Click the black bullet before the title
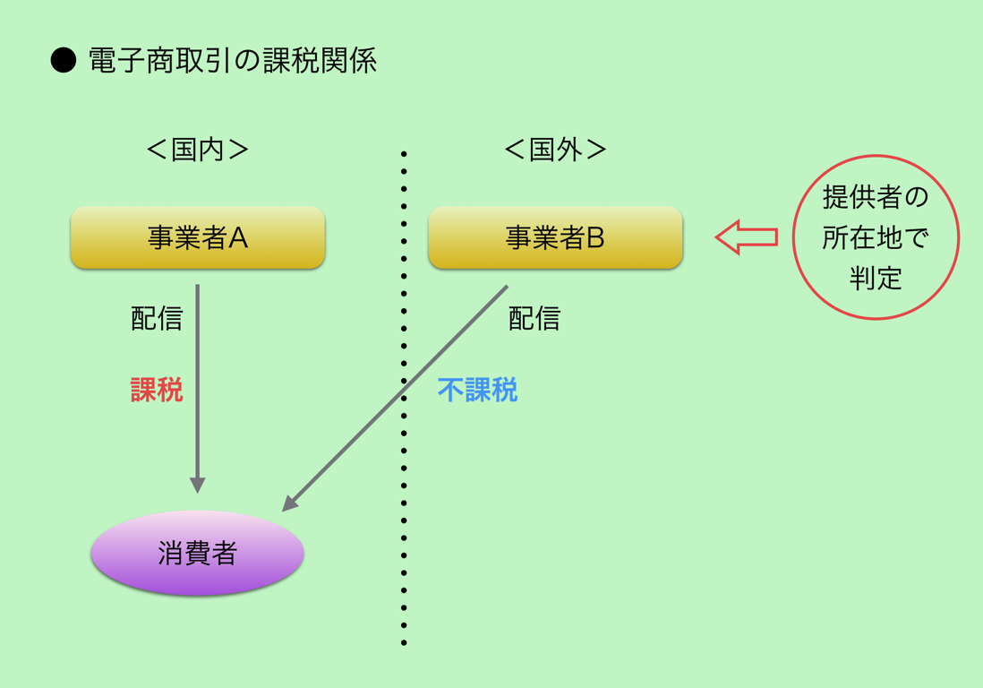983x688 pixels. coord(64,61)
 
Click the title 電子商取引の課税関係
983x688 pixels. coord(232,61)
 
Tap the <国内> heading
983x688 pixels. coord(198,150)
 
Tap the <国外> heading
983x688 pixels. coord(555,150)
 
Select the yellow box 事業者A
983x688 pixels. coord(198,237)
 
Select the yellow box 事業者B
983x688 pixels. coord(555,237)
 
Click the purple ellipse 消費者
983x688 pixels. coord(198,553)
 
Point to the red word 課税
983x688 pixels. coord(157,390)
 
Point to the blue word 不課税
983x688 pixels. coord(478,390)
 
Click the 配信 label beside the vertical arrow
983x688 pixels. coord(157,319)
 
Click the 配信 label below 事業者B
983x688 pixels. coord(534,319)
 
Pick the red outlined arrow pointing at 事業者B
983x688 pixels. coord(747,237)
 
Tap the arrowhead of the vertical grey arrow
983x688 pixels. coord(198,486)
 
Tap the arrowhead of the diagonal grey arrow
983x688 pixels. coord(289,503)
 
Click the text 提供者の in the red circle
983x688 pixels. coord(876,198)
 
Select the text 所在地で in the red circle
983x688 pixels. coord(876,237)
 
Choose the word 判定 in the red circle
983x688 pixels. coord(876,278)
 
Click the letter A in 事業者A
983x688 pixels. coord(239,237)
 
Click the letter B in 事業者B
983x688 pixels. coord(595,237)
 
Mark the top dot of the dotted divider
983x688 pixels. coord(404,154)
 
